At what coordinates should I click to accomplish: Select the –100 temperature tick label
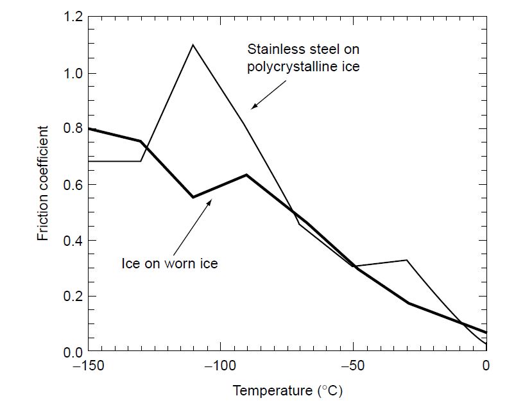coord(220,366)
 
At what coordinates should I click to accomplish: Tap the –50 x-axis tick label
coord(353,366)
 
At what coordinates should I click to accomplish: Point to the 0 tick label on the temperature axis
coord(486,366)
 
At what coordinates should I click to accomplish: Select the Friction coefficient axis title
coord(44,185)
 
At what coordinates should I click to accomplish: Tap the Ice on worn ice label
coord(169,264)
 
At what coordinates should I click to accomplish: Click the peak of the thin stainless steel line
coord(193,44)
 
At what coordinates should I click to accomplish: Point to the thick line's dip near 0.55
coord(193,197)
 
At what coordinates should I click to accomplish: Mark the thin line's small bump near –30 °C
coord(406,260)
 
